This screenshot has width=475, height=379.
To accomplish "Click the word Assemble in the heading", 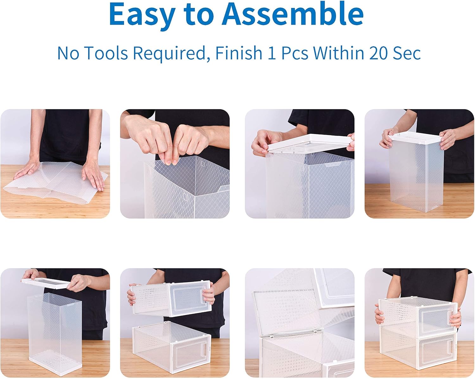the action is pos(293,14).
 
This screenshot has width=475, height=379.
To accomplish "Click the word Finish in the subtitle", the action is pos(238,53).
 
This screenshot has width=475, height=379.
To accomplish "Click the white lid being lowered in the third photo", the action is pos(309,144).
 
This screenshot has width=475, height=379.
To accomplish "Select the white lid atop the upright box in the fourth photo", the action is pos(416,138).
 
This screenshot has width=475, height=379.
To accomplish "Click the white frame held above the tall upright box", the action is pos(46,283).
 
